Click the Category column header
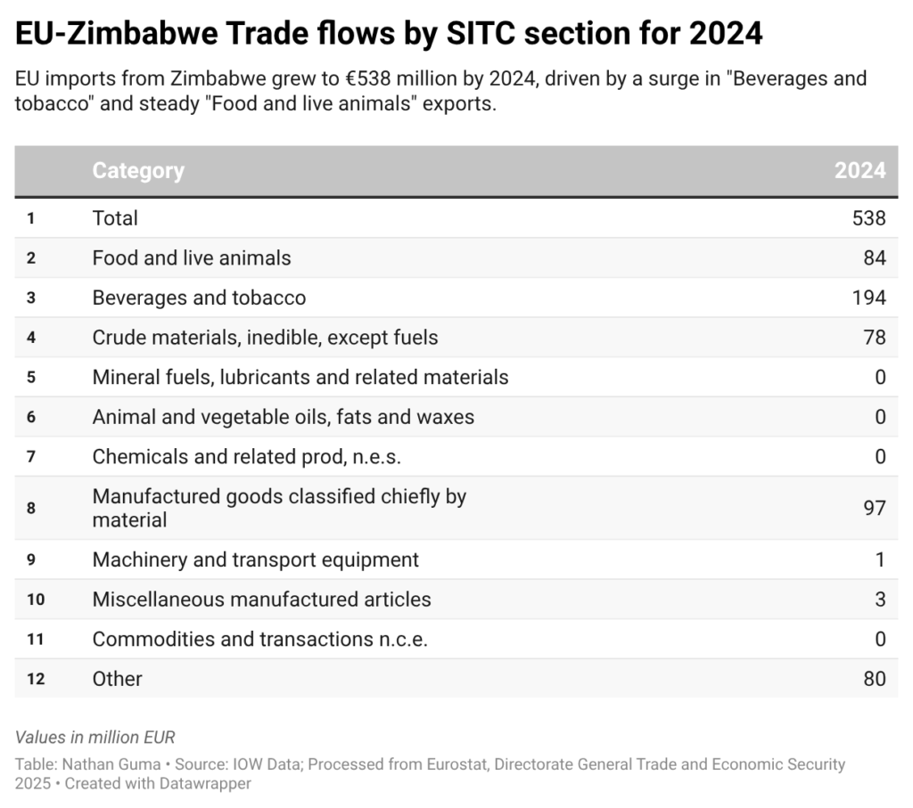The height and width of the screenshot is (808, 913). (x=138, y=170)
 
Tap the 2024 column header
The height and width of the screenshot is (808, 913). (x=860, y=170)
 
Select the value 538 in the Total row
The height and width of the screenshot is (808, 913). (x=868, y=218)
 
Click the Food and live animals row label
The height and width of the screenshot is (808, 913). (x=192, y=258)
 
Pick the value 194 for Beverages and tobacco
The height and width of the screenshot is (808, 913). (x=868, y=298)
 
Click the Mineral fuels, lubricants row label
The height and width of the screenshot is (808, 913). (x=300, y=377)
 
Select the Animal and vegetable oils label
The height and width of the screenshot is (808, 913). (x=284, y=416)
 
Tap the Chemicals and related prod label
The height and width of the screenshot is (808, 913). (x=247, y=456)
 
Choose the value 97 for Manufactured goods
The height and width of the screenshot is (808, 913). (x=874, y=508)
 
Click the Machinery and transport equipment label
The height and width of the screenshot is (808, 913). (x=256, y=559)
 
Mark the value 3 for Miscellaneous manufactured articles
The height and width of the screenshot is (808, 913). (x=880, y=600)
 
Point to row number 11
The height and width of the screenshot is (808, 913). (x=35, y=639)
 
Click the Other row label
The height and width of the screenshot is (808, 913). (x=118, y=679)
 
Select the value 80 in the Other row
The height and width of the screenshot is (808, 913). (x=874, y=679)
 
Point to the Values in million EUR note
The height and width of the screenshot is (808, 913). (x=95, y=737)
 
